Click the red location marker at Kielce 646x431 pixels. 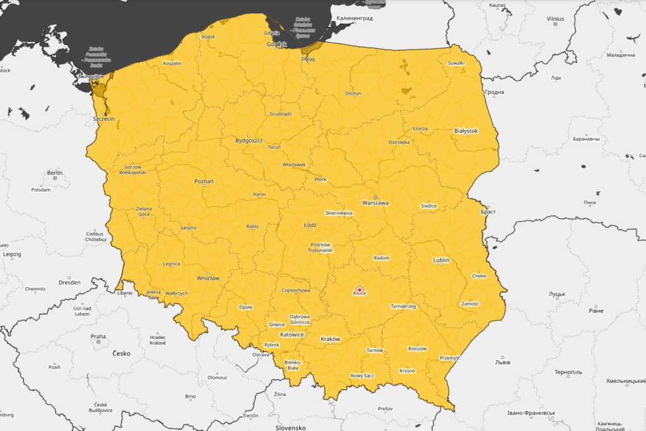(360, 290)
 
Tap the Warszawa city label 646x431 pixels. (375, 203)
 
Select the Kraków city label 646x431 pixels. (330, 339)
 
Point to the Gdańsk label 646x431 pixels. (276, 44)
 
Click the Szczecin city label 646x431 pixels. (103, 119)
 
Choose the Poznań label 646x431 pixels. (204, 182)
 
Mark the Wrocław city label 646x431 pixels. (208, 278)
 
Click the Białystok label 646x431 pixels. (466, 131)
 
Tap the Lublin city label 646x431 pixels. (441, 260)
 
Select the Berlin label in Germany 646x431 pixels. (55, 172)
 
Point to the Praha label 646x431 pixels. (98, 336)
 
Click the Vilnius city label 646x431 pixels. (555, 19)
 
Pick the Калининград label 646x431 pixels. (354, 18)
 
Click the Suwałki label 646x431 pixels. (455, 63)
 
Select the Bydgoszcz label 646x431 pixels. (248, 141)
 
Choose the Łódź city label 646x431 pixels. (310, 225)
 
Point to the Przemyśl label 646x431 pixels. (449, 358)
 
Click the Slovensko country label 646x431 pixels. (291, 427)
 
